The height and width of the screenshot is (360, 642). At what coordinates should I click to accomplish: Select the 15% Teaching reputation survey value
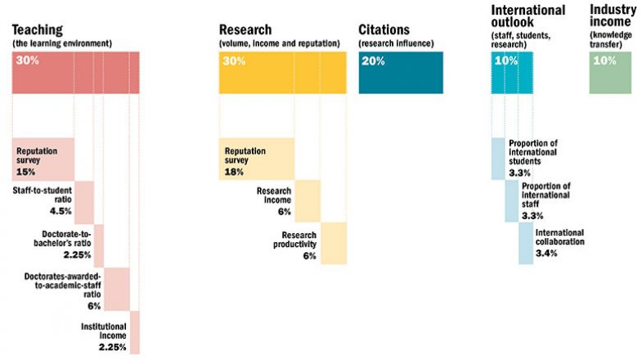click(25, 172)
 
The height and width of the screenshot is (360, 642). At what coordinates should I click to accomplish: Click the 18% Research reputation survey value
click(235, 172)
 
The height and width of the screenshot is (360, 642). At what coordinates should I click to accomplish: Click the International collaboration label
click(559, 237)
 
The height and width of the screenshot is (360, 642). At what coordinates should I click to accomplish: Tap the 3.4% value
click(545, 253)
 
